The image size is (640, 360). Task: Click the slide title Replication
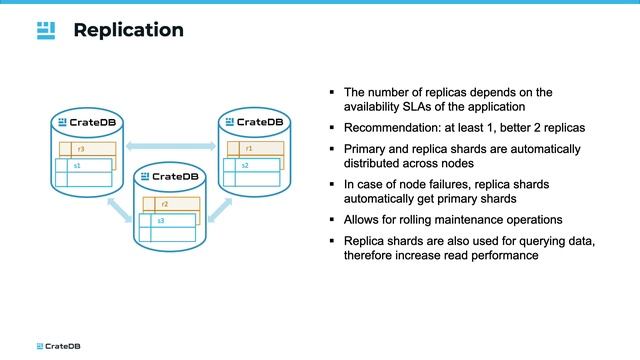(x=128, y=30)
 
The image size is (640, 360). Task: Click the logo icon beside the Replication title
(x=46, y=30)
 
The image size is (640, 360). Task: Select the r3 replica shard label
(x=80, y=149)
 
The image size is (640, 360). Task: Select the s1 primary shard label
(x=77, y=164)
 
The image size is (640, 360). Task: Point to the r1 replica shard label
(x=248, y=149)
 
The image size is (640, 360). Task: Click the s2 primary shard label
(x=245, y=164)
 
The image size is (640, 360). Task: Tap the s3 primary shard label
(x=161, y=219)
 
